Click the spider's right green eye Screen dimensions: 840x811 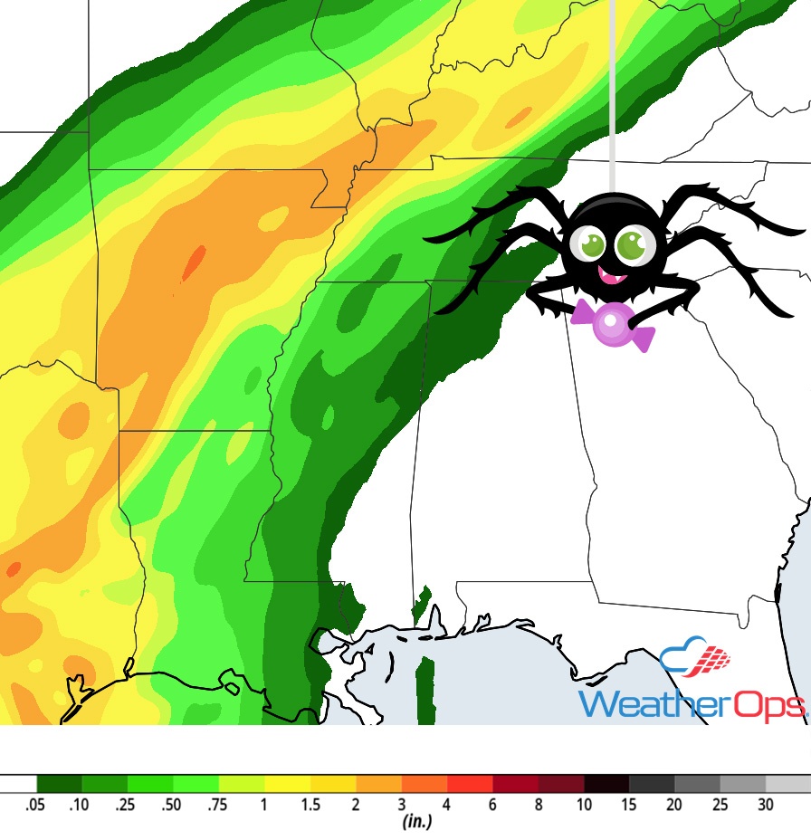tap(630, 244)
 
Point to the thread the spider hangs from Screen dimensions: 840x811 tap(613, 91)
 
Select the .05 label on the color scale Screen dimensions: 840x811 tap(36, 804)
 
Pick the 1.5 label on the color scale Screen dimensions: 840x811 tap(310, 804)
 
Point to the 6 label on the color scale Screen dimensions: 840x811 tap(492, 804)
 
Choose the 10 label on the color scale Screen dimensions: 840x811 tap(584, 804)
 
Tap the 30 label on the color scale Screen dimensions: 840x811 tap(766, 804)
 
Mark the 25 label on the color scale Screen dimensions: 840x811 tap(720, 804)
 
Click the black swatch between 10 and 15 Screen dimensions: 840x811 tap(606, 783)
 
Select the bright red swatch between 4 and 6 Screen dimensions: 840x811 tap(470, 783)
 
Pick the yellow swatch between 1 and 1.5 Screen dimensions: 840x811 tap(287, 783)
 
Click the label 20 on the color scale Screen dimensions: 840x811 tap(674, 804)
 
